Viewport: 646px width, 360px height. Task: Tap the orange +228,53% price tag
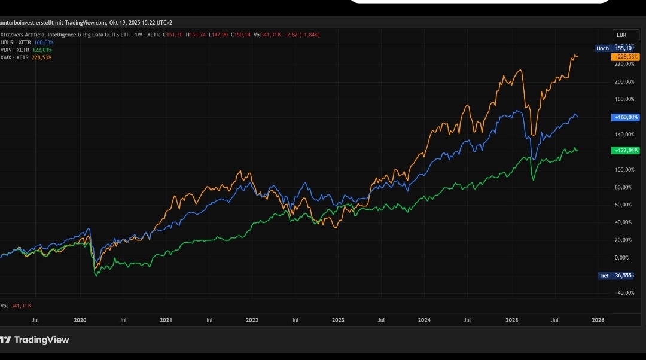[x=625, y=56]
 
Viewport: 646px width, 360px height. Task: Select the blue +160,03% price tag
[x=626, y=117]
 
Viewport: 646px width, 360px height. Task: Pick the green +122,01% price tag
[x=626, y=151]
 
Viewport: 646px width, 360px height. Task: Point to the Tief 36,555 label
[x=616, y=276]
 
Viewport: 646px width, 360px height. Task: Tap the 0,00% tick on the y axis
[x=621, y=257]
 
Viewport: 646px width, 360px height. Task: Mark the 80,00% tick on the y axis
[x=623, y=187]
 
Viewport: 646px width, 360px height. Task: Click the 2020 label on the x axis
[x=80, y=320]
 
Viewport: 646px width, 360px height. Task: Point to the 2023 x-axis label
[x=338, y=320]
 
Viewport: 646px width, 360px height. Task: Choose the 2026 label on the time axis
[x=598, y=320]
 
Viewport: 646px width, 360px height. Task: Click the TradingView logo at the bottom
[x=35, y=340]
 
